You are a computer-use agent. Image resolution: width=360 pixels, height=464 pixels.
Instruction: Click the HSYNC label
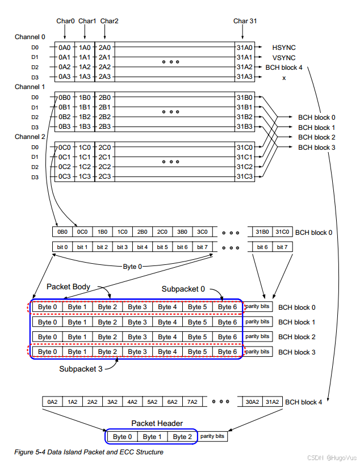click(x=284, y=48)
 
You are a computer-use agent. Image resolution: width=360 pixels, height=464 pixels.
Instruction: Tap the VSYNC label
click(x=284, y=57)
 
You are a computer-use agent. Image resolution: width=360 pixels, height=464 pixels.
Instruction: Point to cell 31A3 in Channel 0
click(x=245, y=77)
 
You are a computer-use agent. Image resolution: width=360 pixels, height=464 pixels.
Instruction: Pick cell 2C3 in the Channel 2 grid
click(x=104, y=177)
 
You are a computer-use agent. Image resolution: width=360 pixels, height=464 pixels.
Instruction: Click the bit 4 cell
click(x=143, y=247)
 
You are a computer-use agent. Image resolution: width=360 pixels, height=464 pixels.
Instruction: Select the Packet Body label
click(x=69, y=286)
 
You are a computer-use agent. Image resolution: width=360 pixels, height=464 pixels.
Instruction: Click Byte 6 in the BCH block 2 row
click(x=227, y=337)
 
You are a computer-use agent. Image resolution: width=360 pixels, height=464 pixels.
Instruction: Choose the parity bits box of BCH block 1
click(x=258, y=322)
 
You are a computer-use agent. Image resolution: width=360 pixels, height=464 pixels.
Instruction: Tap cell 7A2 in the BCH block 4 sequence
click(x=191, y=402)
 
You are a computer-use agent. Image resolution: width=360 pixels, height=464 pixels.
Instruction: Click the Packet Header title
click(x=156, y=423)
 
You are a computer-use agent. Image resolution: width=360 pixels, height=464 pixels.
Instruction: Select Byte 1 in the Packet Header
click(x=152, y=437)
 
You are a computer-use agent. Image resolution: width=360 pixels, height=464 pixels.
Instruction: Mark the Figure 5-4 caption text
click(x=89, y=452)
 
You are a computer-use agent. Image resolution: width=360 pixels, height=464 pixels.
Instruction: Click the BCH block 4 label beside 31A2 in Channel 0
click(x=284, y=67)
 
